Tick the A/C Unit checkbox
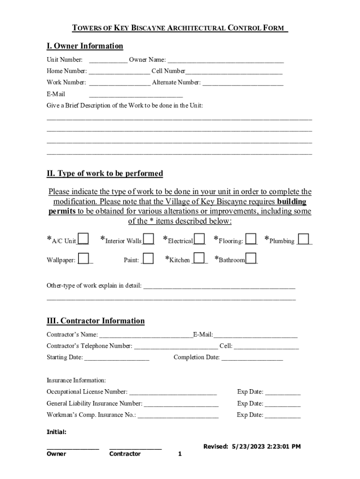[83, 239]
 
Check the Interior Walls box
[149, 239]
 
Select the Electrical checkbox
[200, 239]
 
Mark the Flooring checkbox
[251, 239]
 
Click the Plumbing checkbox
[303, 239]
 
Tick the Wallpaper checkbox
[84, 258]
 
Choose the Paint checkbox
[148, 258]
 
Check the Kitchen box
[199, 258]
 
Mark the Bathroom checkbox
[251, 258]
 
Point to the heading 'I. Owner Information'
[85, 46]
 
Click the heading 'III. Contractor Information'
[95, 321]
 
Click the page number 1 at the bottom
[180, 454]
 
